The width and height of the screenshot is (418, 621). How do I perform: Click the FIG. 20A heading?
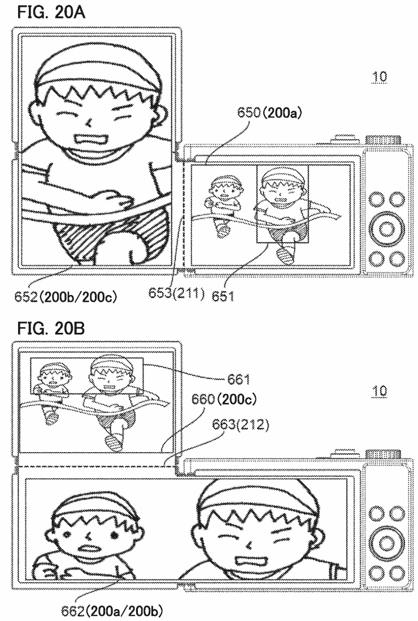tap(51, 12)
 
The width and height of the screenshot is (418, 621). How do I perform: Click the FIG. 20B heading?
tap(51, 328)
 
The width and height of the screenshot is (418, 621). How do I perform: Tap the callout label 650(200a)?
tap(269, 113)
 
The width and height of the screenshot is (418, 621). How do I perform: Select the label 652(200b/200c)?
tap(66, 297)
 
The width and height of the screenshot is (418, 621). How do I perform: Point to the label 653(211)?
tap(177, 293)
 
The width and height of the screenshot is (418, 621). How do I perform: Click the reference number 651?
tap(223, 296)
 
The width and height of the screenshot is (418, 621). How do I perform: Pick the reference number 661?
tap(239, 380)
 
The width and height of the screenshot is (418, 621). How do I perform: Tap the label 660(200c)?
tap(224, 399)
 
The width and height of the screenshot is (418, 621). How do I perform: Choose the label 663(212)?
tap(241, 424)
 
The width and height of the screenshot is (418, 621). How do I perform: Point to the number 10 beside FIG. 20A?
tap(380, 76)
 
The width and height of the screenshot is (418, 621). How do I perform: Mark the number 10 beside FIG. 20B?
tap(380, 391)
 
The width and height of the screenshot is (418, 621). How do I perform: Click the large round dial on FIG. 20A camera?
tap(386, 229)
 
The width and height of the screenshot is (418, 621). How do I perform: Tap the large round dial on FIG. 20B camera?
tap(386, 543)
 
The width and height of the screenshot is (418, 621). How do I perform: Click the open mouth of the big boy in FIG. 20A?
tap(92, 140)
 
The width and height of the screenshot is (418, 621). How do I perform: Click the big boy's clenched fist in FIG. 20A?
tap(108, 198)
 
